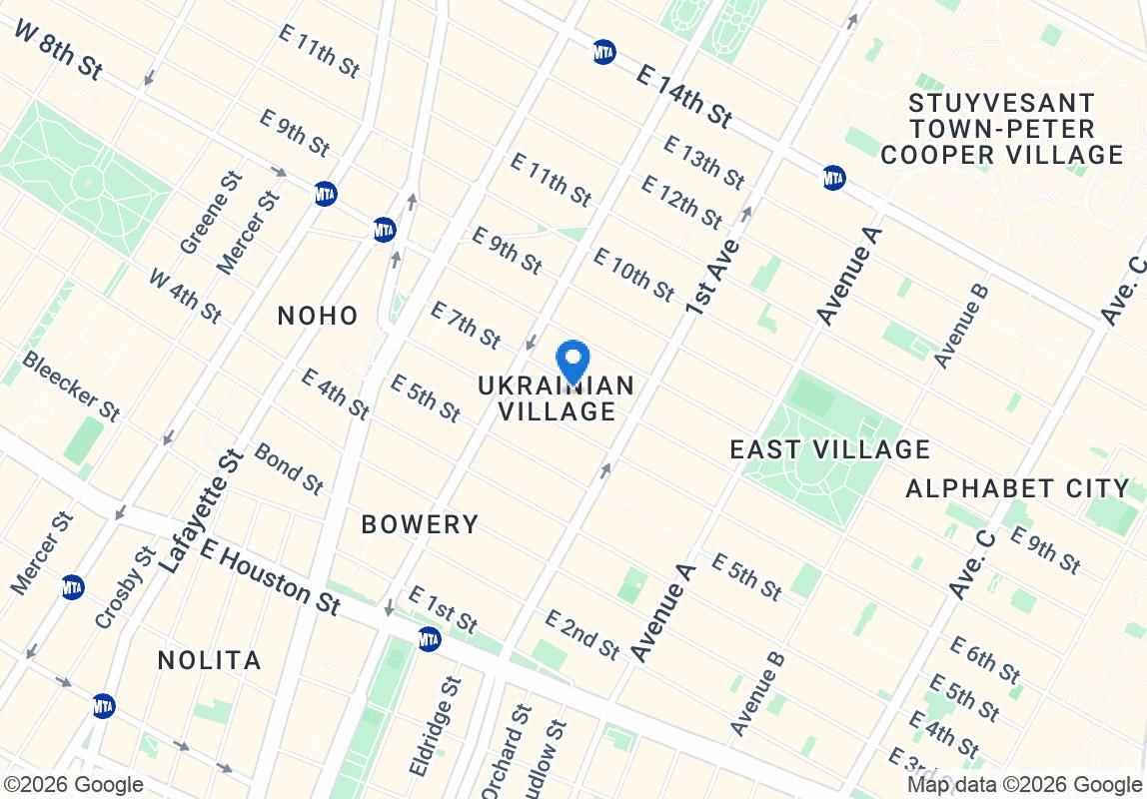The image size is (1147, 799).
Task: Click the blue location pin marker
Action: (573, 362)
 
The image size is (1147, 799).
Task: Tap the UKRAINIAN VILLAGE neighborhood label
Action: (557, 399)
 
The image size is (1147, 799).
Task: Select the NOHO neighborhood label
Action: (318, 316)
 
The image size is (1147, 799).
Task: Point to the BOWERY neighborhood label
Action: (420, 523)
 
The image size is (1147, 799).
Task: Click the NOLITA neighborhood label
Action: (210, 660)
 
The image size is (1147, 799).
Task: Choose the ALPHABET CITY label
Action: (1017, 488)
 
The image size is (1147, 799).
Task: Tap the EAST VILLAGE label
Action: (830, 449)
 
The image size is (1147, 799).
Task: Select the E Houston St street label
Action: (270, 577)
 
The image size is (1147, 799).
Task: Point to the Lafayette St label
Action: (202, 512)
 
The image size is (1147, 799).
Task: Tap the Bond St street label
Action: (289, 468)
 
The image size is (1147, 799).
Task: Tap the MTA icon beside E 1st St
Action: (430, 638)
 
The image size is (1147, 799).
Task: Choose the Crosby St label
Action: (125, 587)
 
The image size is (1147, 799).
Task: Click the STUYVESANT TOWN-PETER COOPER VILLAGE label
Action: (1002, 129)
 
